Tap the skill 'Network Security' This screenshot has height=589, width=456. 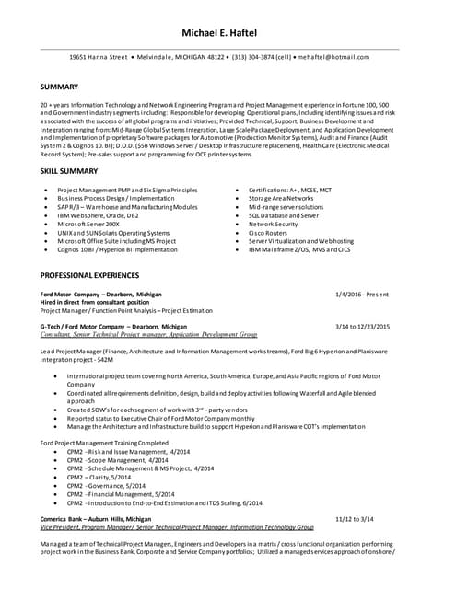[274, 224]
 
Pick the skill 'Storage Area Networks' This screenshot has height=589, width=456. [281, 198]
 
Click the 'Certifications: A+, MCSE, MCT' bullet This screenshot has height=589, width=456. [290, 189]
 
